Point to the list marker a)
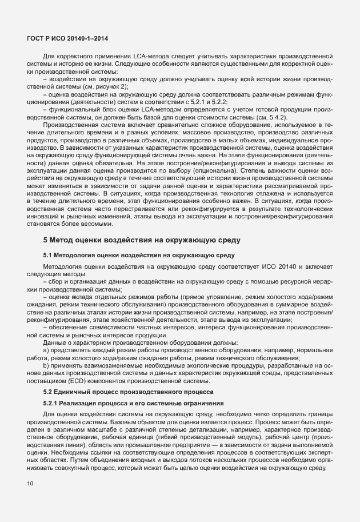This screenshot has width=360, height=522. [46, 349]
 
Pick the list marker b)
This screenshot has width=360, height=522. [46, 365]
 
